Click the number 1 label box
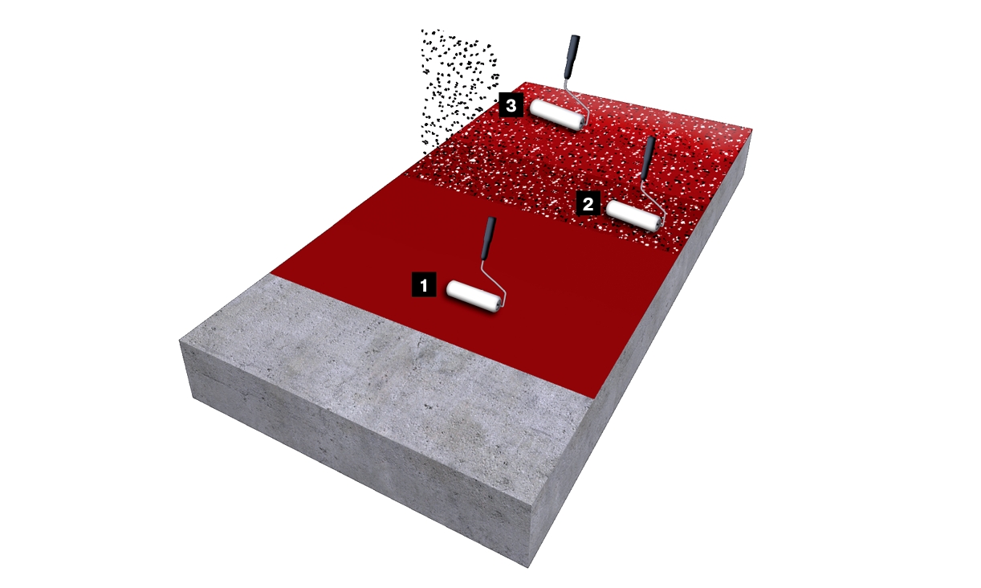tap(424, 285)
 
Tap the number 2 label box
tap(588, 203)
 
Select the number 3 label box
tap(511, 105)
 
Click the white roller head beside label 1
tap(474, 296)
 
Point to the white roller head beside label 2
tap(633, 215)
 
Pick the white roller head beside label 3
tap(557, 114)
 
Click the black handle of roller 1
tap(488, 238)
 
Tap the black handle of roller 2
tap(647, 158)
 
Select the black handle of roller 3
tap(572, 56)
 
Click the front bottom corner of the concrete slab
tap(528, 568)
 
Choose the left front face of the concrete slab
tap(355, 451)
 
